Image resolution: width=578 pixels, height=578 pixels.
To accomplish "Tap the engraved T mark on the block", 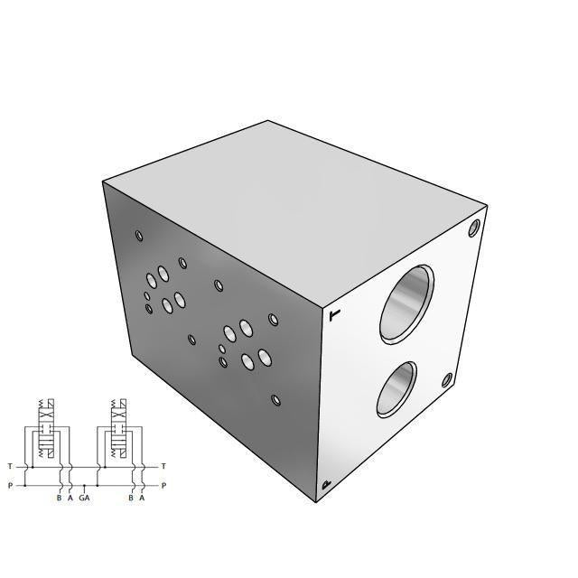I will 335,315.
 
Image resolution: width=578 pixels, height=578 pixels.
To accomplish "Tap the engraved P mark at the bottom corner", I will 326,487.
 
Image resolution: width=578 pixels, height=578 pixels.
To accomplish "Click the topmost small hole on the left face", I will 139,237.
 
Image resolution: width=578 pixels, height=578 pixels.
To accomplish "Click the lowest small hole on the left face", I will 276,400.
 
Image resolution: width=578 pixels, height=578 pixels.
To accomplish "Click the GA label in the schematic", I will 84,498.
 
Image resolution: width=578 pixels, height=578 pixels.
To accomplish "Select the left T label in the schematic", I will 10,466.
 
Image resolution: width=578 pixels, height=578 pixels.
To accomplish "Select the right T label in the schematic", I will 163,466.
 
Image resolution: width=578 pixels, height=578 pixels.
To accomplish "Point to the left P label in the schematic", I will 10,485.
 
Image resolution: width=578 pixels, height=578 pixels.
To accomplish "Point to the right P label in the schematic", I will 163,485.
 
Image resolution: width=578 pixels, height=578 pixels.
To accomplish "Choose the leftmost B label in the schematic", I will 59,498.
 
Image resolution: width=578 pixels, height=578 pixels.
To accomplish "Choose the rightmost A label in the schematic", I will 142,498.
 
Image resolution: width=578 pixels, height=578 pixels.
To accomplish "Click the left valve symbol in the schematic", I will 46,433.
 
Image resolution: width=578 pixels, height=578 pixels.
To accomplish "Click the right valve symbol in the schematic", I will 118,433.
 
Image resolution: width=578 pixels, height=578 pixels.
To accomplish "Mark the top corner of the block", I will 269,121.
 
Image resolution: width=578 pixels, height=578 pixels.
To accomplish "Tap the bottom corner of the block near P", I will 316,502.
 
